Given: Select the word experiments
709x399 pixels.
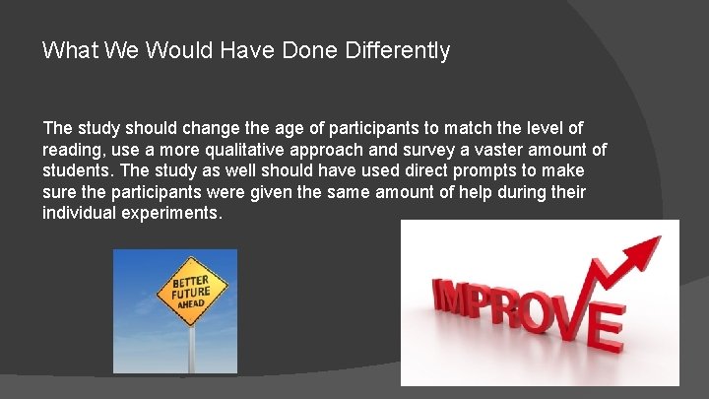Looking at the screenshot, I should tap(175, 214).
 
